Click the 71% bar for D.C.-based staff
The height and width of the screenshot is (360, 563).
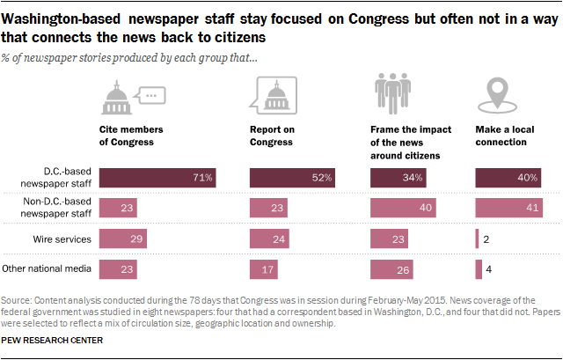[158, 178]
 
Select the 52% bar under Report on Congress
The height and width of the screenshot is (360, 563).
[292, 178]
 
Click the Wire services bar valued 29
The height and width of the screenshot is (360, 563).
[123, 239]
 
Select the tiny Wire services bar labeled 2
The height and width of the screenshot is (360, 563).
[477, 239]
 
